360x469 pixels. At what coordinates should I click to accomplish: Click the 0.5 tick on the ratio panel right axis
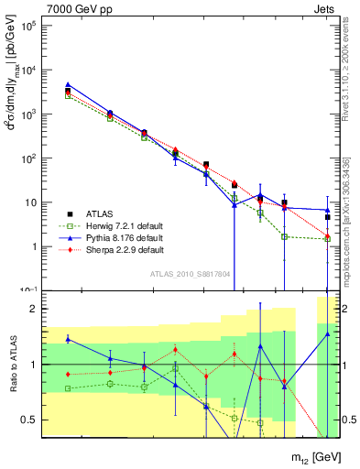pos(349,420)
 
